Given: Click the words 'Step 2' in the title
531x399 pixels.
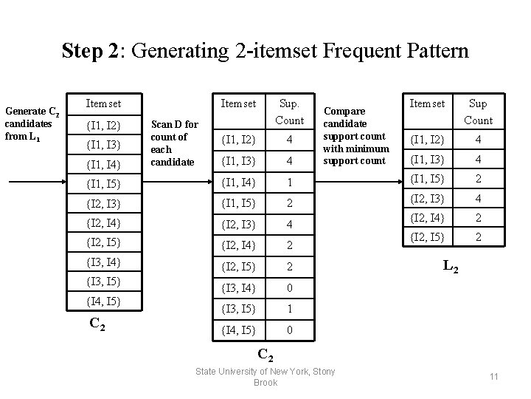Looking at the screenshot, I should pyautogui.click(x=89, y=51).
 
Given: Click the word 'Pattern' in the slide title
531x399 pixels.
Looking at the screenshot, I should pyautogui.click(x=431, y=51).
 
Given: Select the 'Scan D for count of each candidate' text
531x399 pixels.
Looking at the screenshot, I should pyautogui.click(x=174, y=143).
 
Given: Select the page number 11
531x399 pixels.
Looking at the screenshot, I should pyautogui.click(x=493, y=377).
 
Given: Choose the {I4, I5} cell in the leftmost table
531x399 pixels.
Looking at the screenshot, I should pyautogui.click(x=103, y=301).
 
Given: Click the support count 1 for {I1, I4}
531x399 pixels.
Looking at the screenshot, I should pyautogui.click(x=290, y=182).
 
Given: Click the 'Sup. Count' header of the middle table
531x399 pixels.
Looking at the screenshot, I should pyautogui.click(x=290, y=112).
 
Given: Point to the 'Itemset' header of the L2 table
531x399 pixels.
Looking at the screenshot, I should pyautogui.click(x=428, y=104).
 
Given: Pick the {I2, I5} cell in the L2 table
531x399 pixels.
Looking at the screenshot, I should pyautogui.click(x=428, y=237).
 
